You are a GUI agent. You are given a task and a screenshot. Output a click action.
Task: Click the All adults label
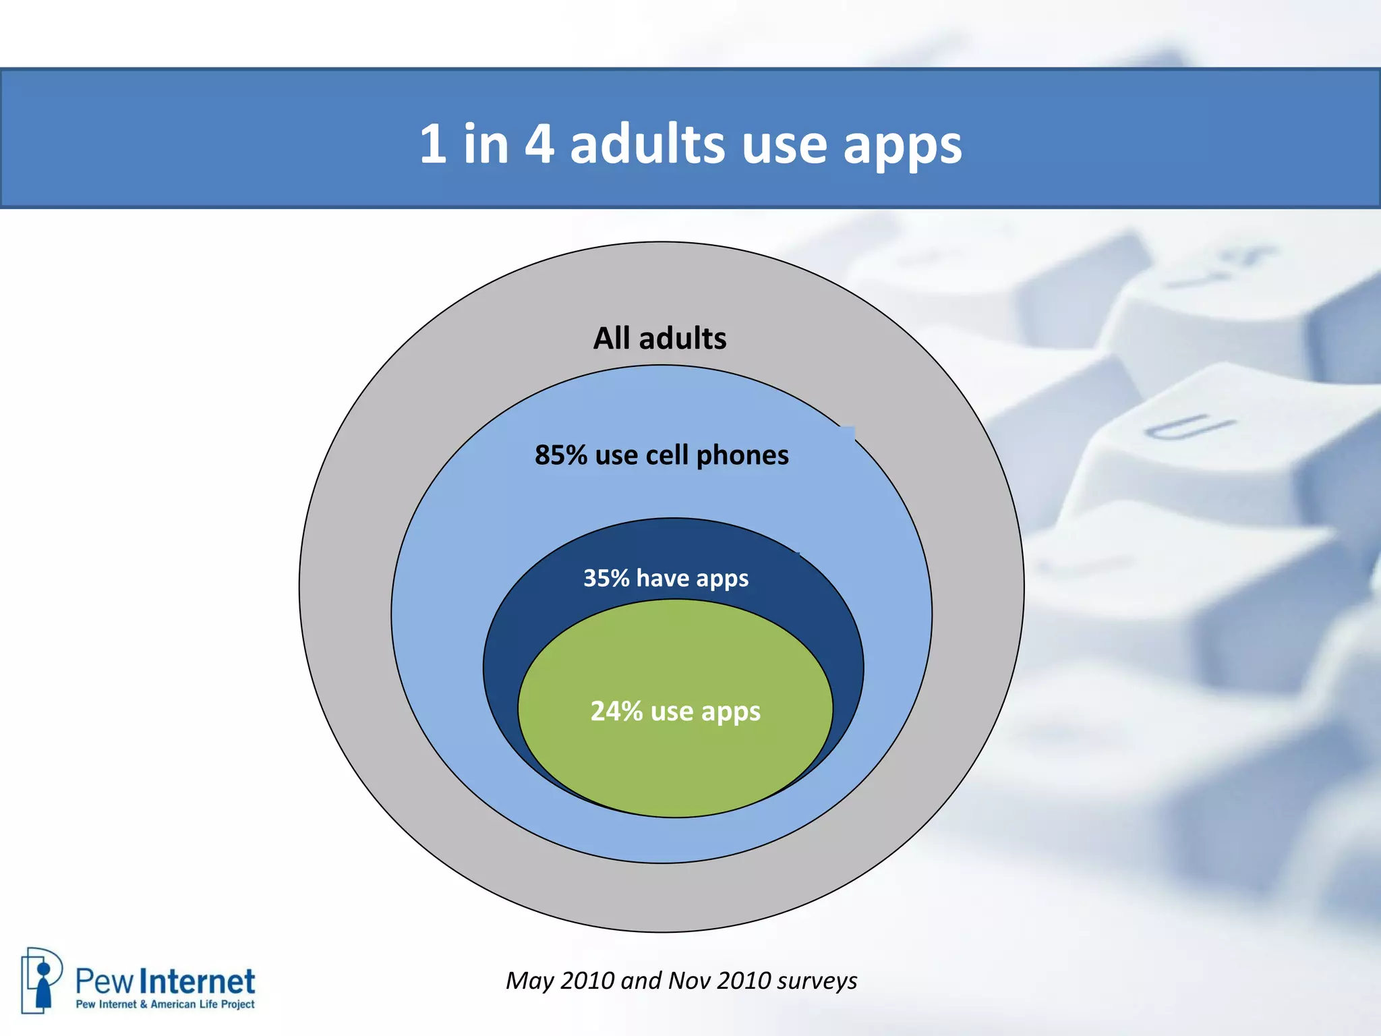pos(659,338)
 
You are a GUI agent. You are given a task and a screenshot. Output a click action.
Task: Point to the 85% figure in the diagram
pos(561,455)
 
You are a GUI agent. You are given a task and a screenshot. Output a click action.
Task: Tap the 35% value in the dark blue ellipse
pos(606,578)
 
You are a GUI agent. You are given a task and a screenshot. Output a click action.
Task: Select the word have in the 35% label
pos(662,578)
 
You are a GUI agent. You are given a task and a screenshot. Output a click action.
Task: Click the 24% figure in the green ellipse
pos(616,711)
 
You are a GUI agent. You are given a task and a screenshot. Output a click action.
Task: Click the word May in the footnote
pos(529,981)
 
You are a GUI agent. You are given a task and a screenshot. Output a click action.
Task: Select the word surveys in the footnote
pos(817,981)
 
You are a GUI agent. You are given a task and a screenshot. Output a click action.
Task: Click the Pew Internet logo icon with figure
pos(42,979)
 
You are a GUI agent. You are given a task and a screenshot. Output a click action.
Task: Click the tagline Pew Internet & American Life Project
pos(165,1004)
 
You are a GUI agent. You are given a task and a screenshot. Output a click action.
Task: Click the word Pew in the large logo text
pos(104,982)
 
